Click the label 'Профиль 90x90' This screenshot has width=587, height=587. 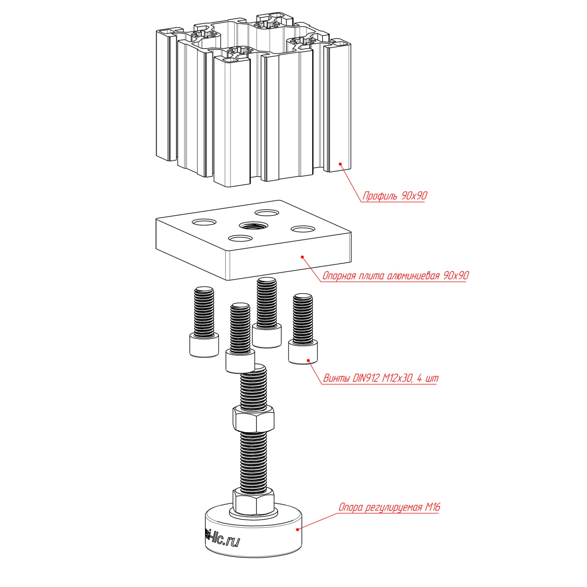click(394, 196)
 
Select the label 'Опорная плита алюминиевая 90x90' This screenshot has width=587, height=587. click(395, 276)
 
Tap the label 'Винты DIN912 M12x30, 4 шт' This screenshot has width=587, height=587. click(381, 378)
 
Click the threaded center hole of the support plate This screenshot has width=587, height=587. click(253, 226)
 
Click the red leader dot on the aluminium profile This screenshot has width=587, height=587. click(340, 164)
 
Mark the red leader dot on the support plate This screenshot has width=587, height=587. click(302, 257)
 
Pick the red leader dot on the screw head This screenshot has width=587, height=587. click(308, 360)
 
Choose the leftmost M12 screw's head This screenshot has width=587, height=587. click(204, 345)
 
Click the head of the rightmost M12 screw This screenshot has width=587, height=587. click(303, 353)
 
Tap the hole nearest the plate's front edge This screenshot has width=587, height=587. click(240, 238)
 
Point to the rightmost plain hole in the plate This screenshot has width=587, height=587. click(303, 229)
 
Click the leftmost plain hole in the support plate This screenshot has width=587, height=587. click(204, 222)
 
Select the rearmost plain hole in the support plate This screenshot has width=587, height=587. click(267, 212)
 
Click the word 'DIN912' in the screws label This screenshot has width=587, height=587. click(366, 378)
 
